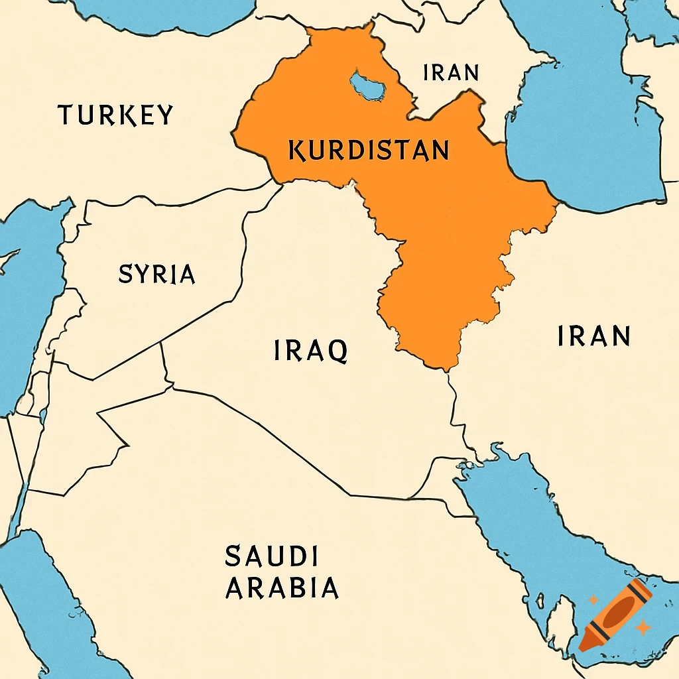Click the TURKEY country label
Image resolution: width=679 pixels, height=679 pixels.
(115, 115)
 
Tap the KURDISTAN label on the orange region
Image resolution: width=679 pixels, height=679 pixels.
(369, 151)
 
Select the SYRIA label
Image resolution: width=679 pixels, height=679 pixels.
(156, 274)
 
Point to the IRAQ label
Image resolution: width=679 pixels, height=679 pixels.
(310, 350)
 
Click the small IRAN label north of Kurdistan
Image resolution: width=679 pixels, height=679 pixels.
(451, 72)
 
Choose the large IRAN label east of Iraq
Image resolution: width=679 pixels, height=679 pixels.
(593, 336)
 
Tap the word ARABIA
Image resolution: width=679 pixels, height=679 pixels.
(282, 588)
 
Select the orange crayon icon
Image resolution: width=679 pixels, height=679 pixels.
(615, 614)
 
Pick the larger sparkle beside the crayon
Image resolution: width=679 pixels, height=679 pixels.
(642, 627)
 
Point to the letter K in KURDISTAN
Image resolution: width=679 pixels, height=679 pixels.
(296, 151)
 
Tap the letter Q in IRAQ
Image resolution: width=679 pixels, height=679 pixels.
(338, 351)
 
